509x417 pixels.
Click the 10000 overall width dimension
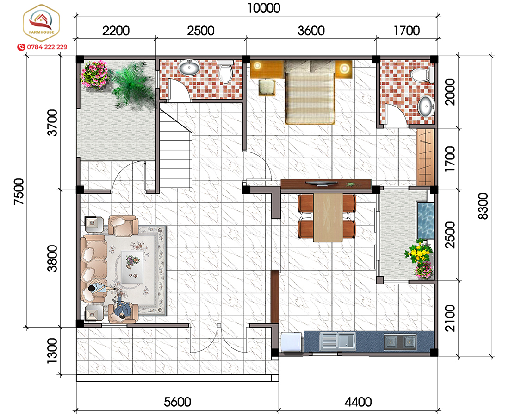(264, 8)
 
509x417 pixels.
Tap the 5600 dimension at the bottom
(177, 402)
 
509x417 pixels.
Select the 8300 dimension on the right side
(483, 206)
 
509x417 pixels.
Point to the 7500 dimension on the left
(19, 192)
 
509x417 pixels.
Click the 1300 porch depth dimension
(52, 350)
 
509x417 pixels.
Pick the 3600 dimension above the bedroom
(311, 31)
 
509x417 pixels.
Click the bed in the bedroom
(310, 92)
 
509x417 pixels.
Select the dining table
(328, 217)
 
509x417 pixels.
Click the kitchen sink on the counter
(337, 341)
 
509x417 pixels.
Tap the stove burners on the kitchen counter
(400, 342)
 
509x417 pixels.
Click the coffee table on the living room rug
(132, 266)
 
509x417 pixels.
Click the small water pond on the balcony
(425, 221)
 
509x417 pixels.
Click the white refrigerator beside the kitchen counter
(292, 342)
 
